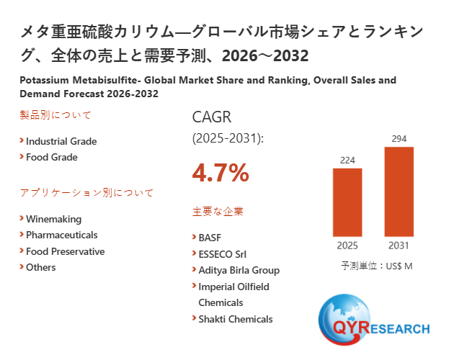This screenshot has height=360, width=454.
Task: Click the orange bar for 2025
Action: [x=347, y=202]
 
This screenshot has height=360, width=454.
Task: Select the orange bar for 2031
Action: [x=399, y=192]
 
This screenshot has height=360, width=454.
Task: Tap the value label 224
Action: [x=347, y=160]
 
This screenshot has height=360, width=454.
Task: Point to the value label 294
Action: [x=399, y=138]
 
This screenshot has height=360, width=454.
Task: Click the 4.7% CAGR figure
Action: [x=221, y=173]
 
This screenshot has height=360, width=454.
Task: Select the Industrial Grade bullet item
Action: [x=61, y=141]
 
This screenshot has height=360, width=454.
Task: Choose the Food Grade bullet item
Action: [x=51, y=157]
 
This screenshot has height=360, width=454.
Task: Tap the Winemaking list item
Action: [x=53, y=219]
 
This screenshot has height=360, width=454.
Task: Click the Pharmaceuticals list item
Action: [x=61, y=235]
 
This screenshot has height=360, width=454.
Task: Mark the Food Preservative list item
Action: [x=65, y=251]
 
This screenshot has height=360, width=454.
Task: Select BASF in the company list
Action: [x=210, y=237]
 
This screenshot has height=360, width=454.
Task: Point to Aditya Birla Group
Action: [x=239, y=270]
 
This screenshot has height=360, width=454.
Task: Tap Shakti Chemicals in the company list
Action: [x=235, y=319]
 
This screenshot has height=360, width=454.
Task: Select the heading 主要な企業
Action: [x=218, y=212]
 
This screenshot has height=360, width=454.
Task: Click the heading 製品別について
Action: [x=55, y=115]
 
